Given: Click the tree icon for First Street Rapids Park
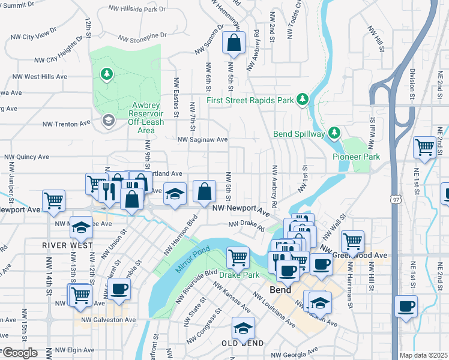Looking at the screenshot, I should click(304, 99).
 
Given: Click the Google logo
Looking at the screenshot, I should click(20, 353).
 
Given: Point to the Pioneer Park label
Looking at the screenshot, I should click(357, 157).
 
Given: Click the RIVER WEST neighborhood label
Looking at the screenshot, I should click(68, 245).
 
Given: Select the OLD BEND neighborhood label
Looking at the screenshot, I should click(243, 343).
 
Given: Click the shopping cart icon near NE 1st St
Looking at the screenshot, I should click(425, 146).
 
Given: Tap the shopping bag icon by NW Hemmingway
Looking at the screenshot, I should click(234, 43).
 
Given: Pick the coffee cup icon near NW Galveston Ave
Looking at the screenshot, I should click(118, 289).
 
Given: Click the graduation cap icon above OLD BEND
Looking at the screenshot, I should click(243, 328).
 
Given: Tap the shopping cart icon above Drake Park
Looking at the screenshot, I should click(238, 257).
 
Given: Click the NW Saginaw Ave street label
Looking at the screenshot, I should click(202, 140).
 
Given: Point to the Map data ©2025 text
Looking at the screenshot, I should click(423, 355).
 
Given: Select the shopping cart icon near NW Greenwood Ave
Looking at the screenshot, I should click(352, 241).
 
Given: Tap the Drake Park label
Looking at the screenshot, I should click(239, 275).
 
